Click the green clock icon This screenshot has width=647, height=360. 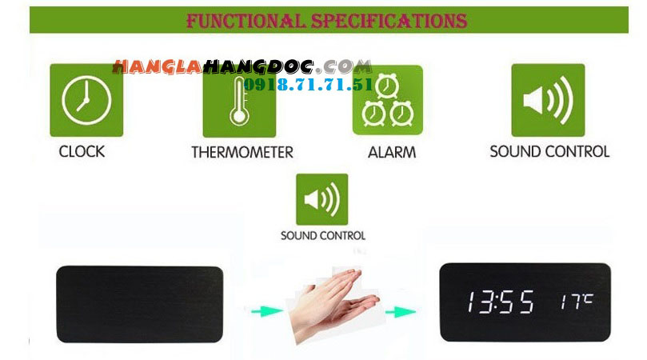coord(86,100)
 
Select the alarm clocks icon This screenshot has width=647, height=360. coord(387,100)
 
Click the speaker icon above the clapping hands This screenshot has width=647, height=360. coord(322,199)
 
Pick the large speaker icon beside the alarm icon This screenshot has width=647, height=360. coord(548,100)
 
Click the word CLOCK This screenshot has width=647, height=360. coord(82,151)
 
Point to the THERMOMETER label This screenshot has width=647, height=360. coord(242,152)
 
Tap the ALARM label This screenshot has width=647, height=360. coord(392,152)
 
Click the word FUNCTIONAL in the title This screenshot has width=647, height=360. coord(246,21)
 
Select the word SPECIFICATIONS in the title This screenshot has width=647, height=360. coord(389,21)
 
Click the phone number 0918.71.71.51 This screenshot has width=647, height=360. coord(308,85)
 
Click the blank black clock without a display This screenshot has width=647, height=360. coord(139,304)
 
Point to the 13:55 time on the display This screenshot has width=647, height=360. coord(500,302)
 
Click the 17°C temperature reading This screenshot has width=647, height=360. coord(577,302)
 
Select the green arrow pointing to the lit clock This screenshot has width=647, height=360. coord(400,311)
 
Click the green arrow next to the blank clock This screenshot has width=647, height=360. coord(266,311)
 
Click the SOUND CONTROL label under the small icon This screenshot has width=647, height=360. coord(323,236)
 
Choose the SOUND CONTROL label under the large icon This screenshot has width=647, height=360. coord(549,151)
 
